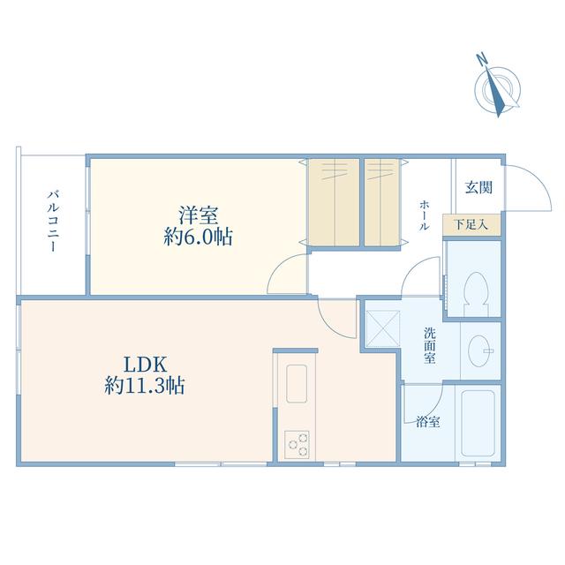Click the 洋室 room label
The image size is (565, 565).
[198, 215]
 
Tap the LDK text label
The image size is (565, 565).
[145, 365]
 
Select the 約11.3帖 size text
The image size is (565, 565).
[145, 386]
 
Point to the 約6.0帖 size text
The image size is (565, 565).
[198, 237]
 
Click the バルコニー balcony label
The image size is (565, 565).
[53, 221]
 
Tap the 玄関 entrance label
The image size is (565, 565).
[478, 187]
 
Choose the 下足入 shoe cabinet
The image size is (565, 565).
[471, 225]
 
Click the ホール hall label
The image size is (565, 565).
[424, 215]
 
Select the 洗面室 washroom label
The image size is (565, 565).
[430, 345]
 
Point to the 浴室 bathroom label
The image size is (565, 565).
[428, 422]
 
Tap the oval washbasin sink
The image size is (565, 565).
[480, 351]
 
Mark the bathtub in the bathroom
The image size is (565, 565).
[478, 423]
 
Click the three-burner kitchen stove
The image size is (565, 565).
[297, 445]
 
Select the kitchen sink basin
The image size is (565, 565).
[297, 384]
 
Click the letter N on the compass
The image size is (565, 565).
[480, 59]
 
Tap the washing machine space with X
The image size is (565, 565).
[382, 328]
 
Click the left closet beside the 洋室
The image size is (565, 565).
[334, 202]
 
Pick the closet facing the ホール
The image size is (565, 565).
[382, 202]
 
